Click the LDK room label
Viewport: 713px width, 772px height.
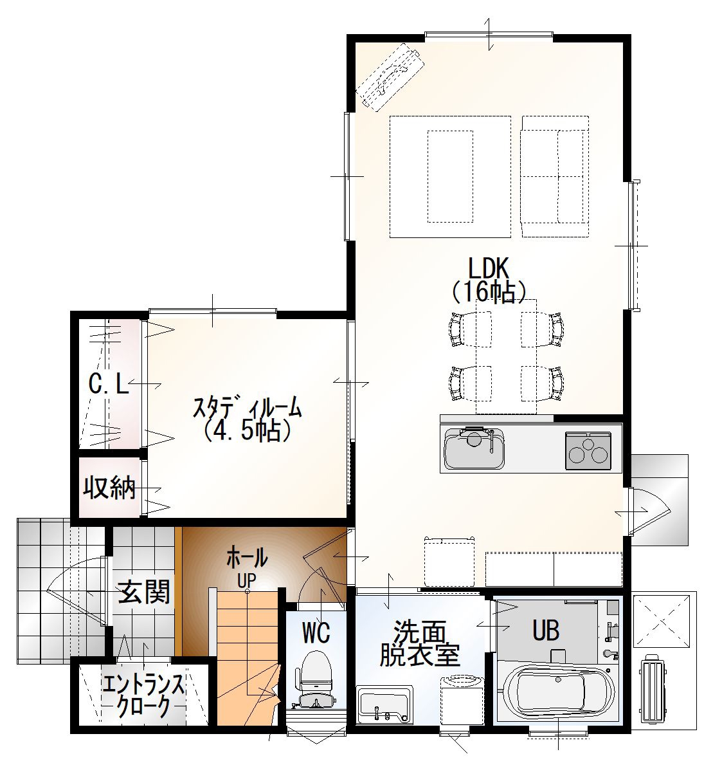coord(488,268)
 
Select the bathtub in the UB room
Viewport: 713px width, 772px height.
coord(558,692)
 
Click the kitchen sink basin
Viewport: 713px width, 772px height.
coord(474,450)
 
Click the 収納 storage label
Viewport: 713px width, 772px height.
coord(109,488)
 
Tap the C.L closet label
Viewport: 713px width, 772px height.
coord(109,384)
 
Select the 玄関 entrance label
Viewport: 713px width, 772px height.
coord(144,592)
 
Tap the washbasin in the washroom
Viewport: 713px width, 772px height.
coord(384,700)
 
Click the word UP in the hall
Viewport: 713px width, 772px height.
coord(247,581)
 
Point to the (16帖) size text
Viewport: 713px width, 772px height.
coord(489,291)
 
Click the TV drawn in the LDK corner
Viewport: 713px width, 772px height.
coord(390,77)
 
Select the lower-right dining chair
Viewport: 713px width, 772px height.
coord(543,383)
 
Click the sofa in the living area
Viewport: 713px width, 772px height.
coord(555,176)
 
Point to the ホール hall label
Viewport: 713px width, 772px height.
coord(247,557)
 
